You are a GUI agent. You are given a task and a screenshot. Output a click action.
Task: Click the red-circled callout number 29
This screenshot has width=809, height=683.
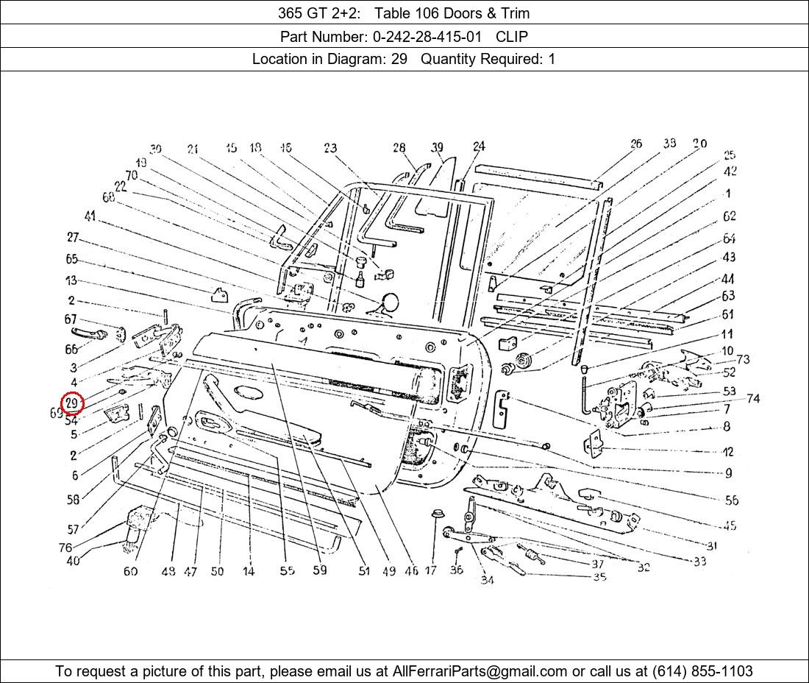tap(72, 403)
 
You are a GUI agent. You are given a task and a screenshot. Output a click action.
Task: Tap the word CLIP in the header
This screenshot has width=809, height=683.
tap(512, 36)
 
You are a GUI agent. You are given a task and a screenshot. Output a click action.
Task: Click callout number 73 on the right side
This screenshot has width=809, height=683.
tap(743, 359)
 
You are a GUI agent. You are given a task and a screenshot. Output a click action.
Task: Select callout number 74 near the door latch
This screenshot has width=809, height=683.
tap(752, 398)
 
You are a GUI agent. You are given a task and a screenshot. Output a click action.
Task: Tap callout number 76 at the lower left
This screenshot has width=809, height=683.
tap(65, 548)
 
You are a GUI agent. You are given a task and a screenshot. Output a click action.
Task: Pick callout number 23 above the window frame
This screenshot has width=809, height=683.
tap(330, 149)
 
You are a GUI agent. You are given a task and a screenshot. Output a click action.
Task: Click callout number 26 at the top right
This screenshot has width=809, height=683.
tap(636, 144)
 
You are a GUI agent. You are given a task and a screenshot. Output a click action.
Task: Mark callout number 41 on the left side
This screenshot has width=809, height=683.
tap(90, 216)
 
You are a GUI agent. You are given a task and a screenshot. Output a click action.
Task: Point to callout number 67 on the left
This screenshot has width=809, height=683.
tap(71, 319)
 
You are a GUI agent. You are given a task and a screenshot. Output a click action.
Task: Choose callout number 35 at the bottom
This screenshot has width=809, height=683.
tap(599, 577)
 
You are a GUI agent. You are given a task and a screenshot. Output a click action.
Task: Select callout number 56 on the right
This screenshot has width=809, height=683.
tap(731, 500)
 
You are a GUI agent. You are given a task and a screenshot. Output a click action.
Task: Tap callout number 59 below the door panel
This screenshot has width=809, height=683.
tap(320, 570)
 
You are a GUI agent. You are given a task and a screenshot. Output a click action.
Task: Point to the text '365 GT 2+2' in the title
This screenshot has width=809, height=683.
tap(313, 13)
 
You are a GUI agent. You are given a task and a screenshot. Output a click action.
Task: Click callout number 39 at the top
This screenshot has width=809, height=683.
tap(438, 148)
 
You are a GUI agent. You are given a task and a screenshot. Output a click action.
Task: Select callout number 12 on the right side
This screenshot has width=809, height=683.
tap(727, 451)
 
